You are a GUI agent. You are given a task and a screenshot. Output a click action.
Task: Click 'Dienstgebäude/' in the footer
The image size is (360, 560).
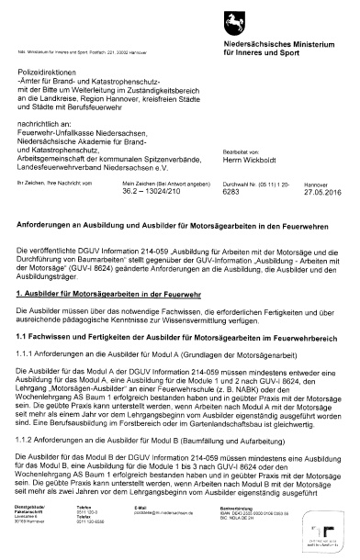coord(33,529)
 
